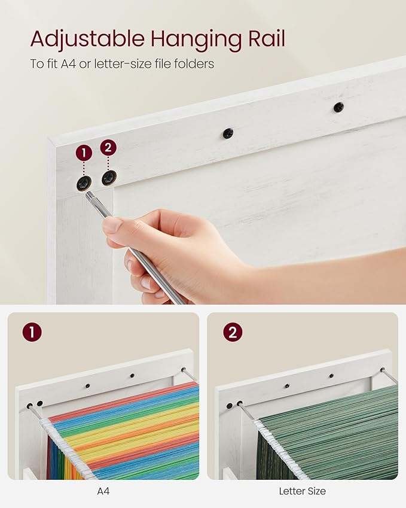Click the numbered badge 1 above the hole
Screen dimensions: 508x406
point(84,153)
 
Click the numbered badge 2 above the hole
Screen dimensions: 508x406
point(108,147)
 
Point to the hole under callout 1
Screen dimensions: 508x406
point(84,183)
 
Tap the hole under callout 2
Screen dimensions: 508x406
point(109,178)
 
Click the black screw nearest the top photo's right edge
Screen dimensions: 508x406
point(338,107)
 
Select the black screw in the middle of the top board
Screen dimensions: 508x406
point(228,133)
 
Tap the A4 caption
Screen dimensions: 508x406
point(103,491)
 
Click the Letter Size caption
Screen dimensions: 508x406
point(302,491)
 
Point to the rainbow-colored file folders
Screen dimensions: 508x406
point(126,431)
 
